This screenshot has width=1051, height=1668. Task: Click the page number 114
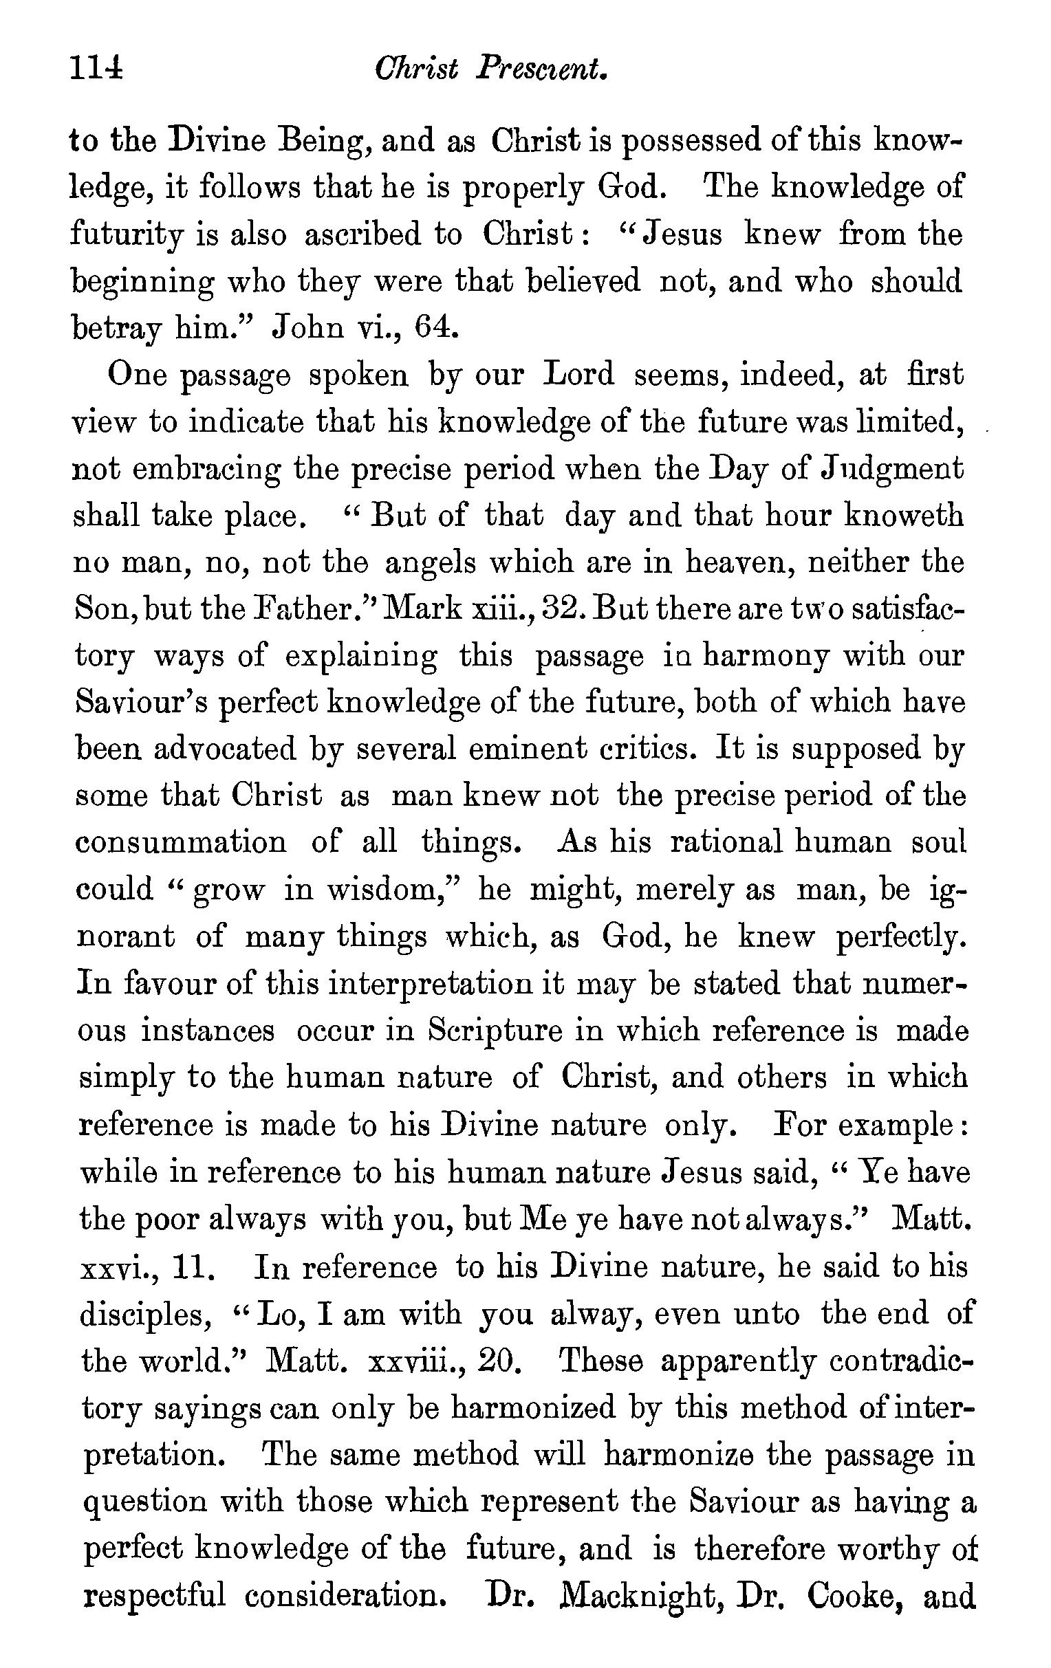(x=96, y=69)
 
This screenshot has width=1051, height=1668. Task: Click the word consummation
(x=180, y=844)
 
